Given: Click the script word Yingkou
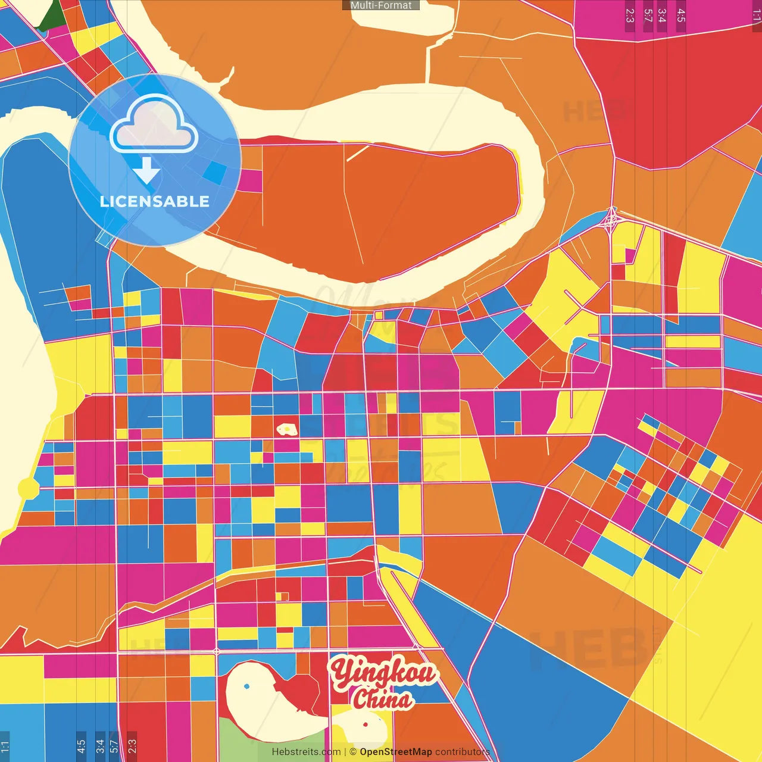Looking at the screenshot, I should pyautogui.click(x=384, y=673).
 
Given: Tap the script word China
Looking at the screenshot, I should pyautogui.click(x=382, y=698).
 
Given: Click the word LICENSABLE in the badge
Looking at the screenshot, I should pyautogui.click(x=155, y=202).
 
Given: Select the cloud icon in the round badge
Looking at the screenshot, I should pyautogui.click(x=154, y=126).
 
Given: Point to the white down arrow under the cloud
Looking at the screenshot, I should pyautogui.click(x=146, y=171).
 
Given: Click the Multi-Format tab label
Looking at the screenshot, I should pyautogui.click(x=381, y=5).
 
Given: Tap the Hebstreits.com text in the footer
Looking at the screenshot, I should pyautogui.click(x=306, y=752).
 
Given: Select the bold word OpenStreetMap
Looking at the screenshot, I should pyautogui.click(x=396, y=752).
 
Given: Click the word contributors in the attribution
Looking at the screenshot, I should pyautogui.click(x=463, y=752).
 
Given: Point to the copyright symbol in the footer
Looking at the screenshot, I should pyautogui.click(x=353, y=752).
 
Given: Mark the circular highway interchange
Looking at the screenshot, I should pyautogui.click(x=611, y=221).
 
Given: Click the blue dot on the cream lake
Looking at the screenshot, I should pyautogui.click(x=247, y=686).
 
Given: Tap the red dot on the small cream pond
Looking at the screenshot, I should pyautogui.click(x=366, y=724).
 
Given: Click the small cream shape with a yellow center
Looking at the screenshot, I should pyautogui.click(x=287, y=429).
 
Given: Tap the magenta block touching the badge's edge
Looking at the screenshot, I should pyautogui.click(x=251, y=181).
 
